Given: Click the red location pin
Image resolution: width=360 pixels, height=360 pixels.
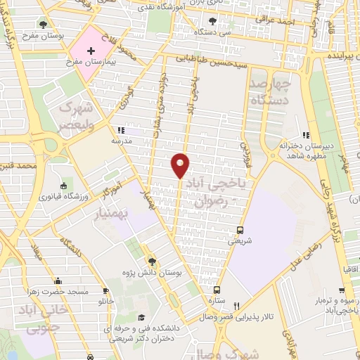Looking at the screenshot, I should (181, 165).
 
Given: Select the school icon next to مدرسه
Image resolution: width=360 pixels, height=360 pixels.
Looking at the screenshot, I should (120, 130).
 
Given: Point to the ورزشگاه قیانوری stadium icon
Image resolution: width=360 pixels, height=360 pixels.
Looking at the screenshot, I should (64, 186).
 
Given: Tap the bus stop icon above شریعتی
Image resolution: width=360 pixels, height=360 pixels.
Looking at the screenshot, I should (240, 230).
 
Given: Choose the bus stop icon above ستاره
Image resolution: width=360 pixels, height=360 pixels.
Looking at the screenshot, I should (217, 290).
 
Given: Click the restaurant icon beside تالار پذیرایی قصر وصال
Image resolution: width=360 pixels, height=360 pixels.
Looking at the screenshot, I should (237, 305).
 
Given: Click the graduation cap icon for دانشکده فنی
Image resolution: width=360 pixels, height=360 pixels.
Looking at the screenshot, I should (141, 317).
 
